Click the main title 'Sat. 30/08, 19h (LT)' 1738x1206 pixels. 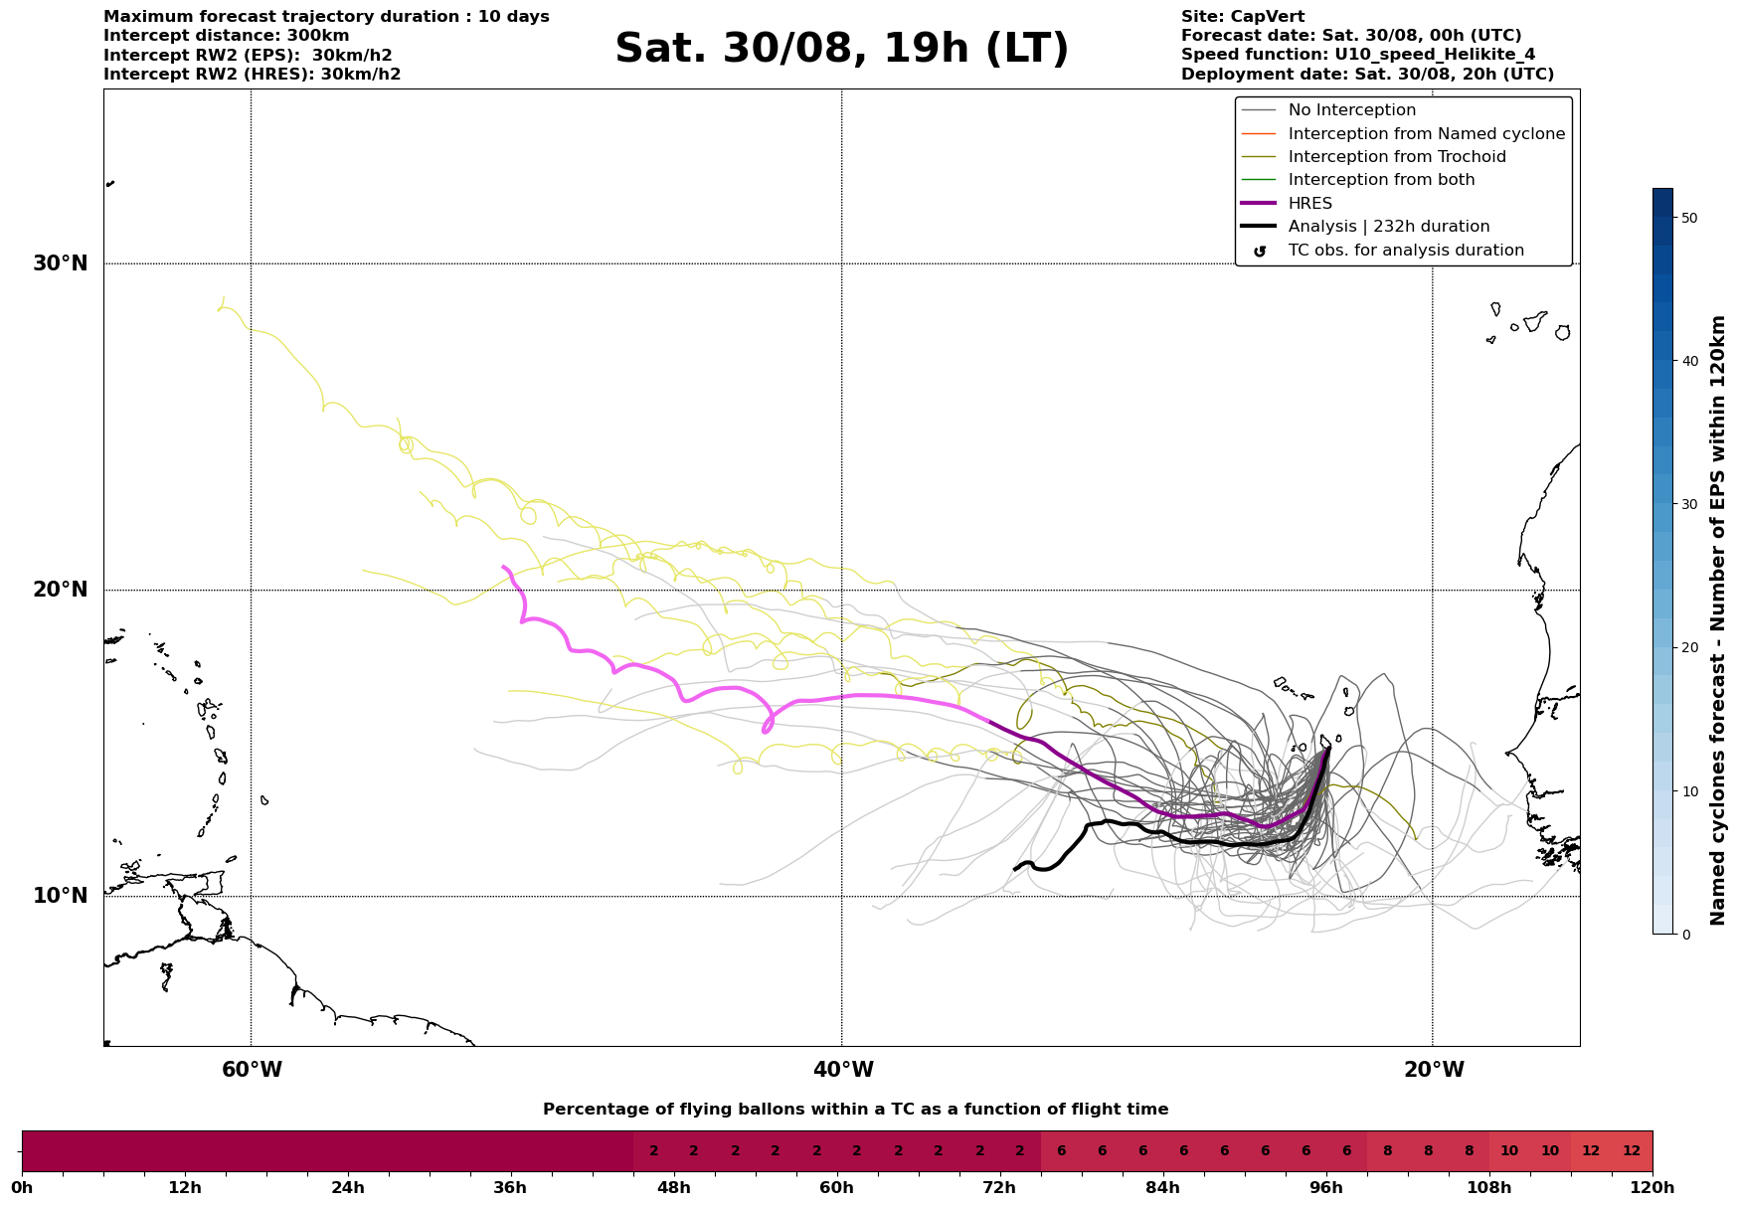pyautogui.click(x=841, y=49)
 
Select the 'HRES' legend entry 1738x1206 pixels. pyautogui.click(x=1309, y=204)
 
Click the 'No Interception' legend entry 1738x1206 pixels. pyautogui.click(x=1351, y=110)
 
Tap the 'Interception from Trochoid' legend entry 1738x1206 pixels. pyautogui.click(x=1396, y=157)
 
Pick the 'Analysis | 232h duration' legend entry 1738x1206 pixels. pyautogui.click(x=1388, y=227)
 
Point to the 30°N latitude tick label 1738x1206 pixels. pyautogui.click(x=61, y=263)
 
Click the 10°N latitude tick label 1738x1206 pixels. pyautogui.click(x=61, y=896)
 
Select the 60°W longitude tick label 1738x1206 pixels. pyautogui.click(x=252, y=1070)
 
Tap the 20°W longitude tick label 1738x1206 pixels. pyautogui.click(x=1433, y=1070)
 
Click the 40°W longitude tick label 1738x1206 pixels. pyautogui.click(x=843, y=1070)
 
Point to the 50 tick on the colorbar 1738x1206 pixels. pyautogui.click(x=1688, y=218)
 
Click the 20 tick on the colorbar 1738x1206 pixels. pyautogui.click(x=1688, y=647)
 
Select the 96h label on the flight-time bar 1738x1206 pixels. pyautogui.click(x=1325, y=1188)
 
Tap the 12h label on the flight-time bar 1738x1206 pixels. pyautogui.click(x=185, y=1188)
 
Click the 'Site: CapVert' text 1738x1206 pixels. pyautogui.click(x=1242, y=17)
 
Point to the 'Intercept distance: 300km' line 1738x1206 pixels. pyautogui.click(x=226, y=36)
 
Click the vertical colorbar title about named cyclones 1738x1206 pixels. pyautogui.click(x=1718, y=620)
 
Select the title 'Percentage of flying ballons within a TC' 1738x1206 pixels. pyautogui.click(x=855, y=1110)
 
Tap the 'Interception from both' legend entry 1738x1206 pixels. pyautogui.click(x=1381, y=180)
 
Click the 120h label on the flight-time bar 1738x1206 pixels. pyautogui.click(x=1651, y=1188)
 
